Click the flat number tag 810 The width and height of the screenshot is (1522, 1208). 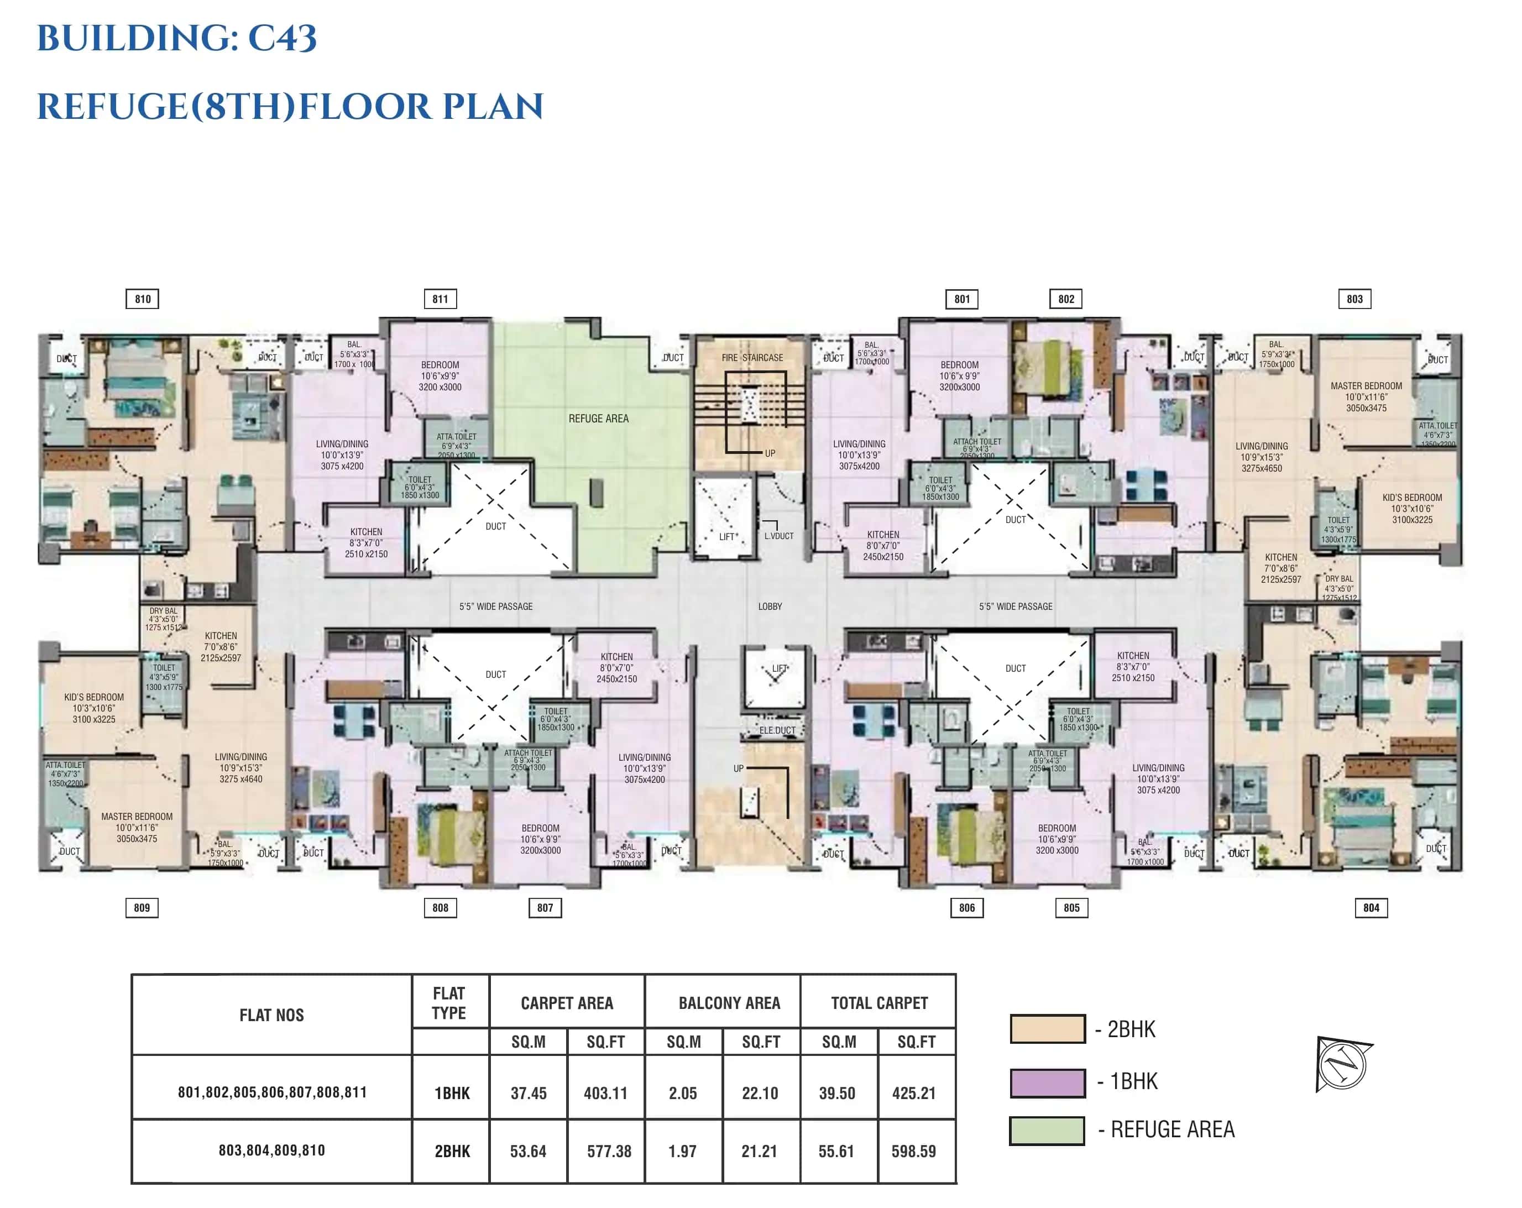143,299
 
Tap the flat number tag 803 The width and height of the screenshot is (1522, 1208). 1354,299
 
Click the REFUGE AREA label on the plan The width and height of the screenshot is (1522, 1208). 598,419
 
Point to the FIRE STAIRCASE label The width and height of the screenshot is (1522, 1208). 752,358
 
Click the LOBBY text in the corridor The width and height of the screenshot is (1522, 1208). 770,606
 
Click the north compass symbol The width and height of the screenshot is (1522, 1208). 1343,1063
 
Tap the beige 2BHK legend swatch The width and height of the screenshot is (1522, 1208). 1047,1029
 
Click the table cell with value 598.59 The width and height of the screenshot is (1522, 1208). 913,1152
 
